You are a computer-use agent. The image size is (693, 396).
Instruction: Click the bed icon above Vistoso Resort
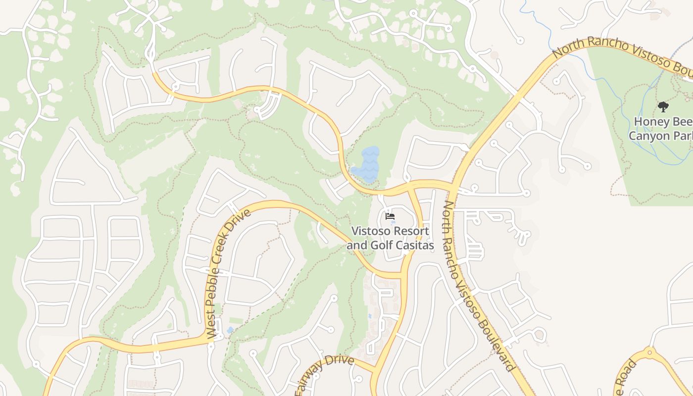(x=390, y=216)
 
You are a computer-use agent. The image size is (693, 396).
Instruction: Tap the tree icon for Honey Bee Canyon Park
(x=663, y=106)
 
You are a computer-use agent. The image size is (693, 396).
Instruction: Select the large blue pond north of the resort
(x=366, y=164)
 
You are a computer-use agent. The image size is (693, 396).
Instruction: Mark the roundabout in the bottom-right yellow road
(x=649, y=353)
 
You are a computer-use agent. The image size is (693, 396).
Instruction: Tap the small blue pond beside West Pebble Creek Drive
(x=230, y=330)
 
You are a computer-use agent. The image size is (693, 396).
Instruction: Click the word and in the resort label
(x=356, y=245)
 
